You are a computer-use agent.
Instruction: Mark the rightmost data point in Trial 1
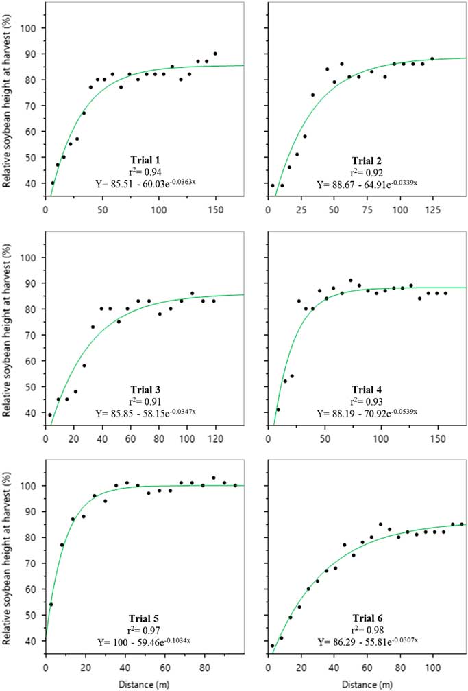tap(215, 54)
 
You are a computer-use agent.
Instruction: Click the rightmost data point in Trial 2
tap(432, 59)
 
